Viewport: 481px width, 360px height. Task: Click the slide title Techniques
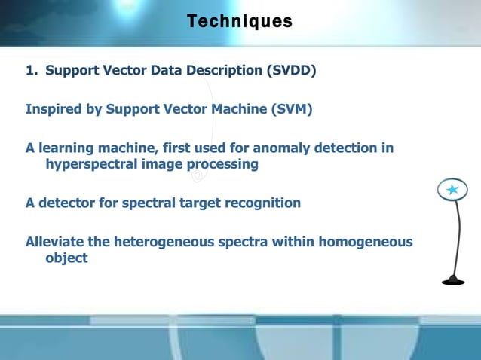[x=240, y=21]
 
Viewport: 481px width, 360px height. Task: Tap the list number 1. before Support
[x=32, y=71]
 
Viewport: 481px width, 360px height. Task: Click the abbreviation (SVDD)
[x=290, y=71]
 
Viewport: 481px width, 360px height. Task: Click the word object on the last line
[x=66, y=258]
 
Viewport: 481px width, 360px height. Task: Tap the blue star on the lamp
[x=452, y=190]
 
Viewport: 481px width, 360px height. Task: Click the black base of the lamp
[x=452, y=280]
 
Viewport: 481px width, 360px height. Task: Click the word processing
[x=222, y=163]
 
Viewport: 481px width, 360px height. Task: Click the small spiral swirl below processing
[x=198, y=176]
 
